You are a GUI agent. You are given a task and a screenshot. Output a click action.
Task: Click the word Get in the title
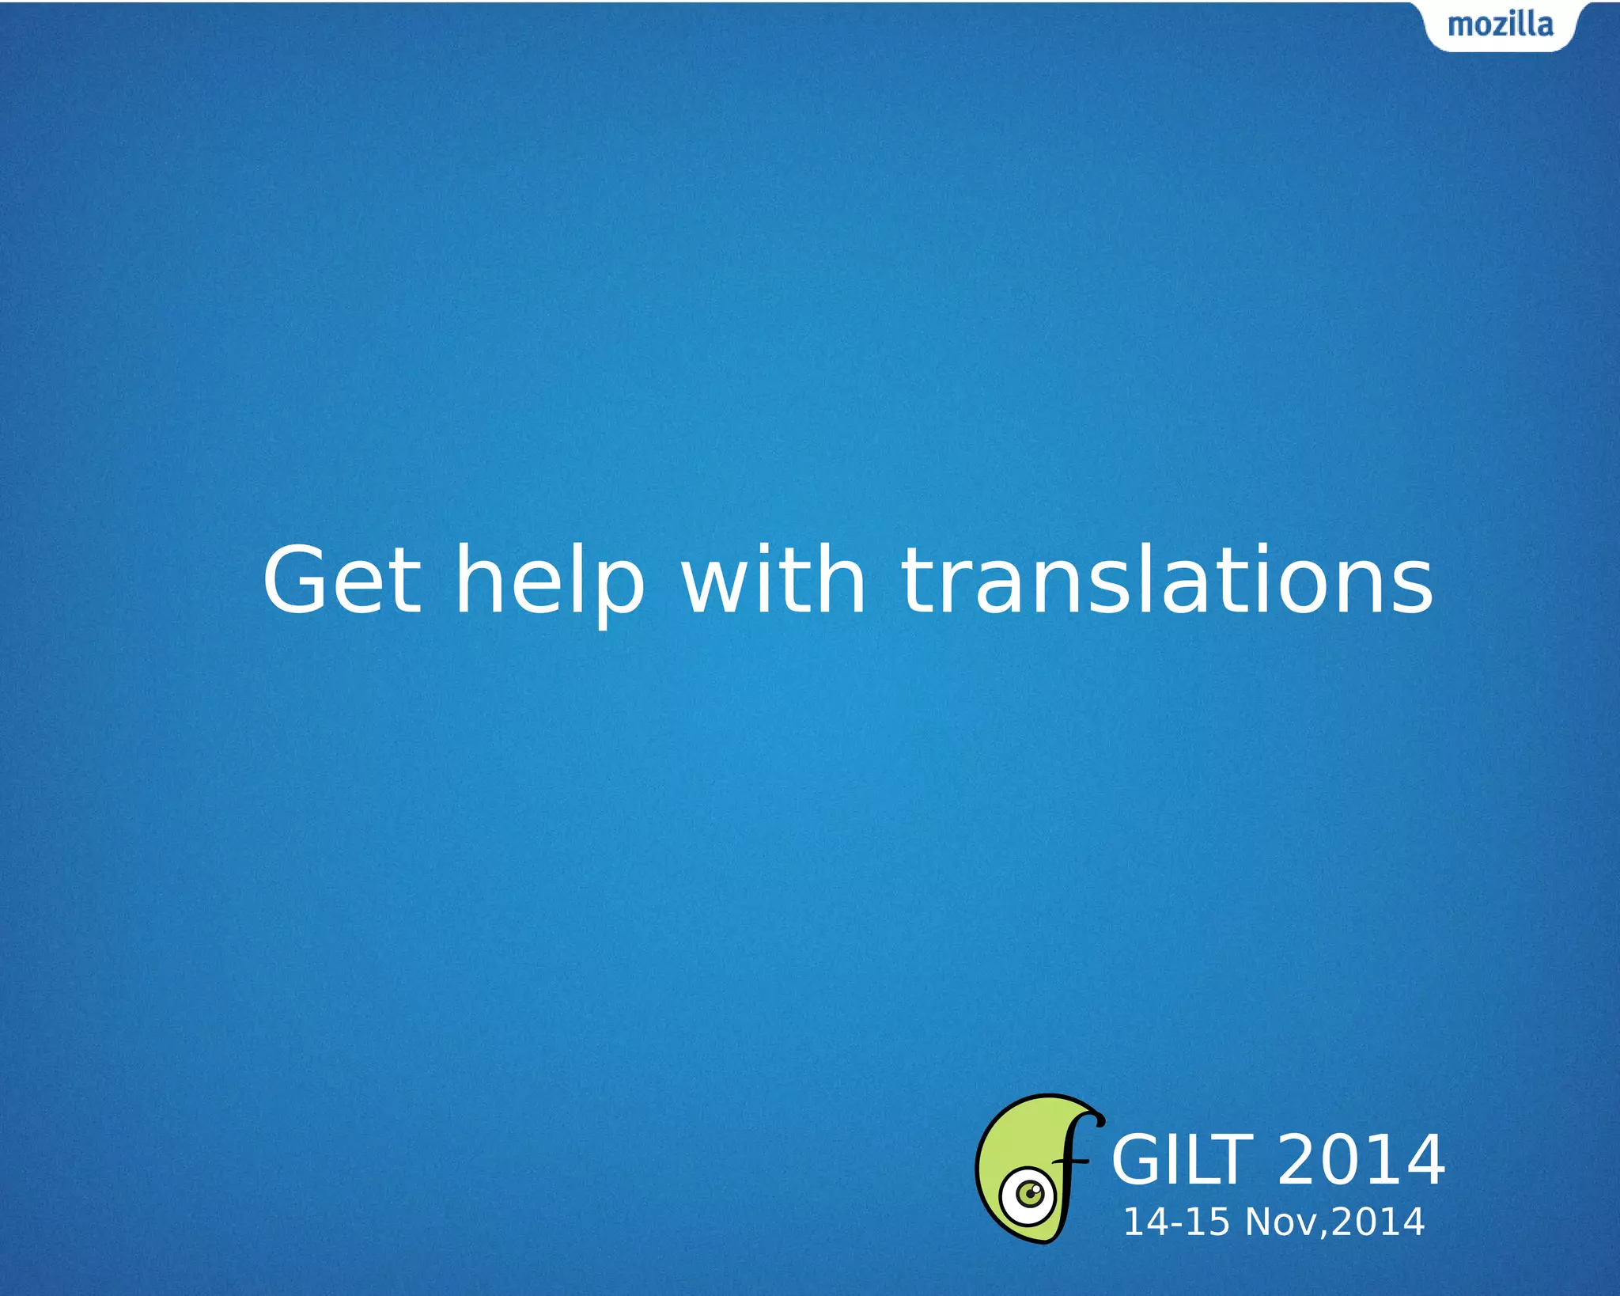(x=342, y=582)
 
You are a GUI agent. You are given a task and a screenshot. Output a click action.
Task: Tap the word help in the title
(x=550, y=582)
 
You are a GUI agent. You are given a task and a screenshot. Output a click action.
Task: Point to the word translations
(x=1167, y=582)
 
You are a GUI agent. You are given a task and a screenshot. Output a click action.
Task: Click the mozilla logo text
(x=1500, y=25)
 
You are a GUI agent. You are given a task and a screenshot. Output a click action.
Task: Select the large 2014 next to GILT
(x=1361, y=1161)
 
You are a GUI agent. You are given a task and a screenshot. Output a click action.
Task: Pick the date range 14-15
(x=1176, y=1222)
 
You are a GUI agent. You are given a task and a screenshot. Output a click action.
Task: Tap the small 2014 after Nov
(x=1378, y=1222)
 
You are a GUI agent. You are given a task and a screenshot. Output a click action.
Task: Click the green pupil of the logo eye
(x=1030, y=1193)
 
